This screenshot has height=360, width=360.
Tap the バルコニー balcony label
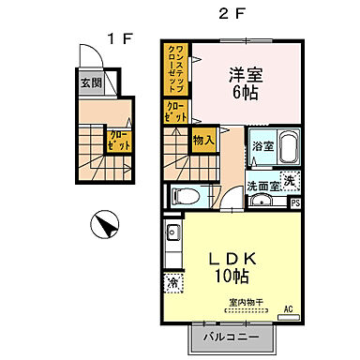click(x=234, y=335)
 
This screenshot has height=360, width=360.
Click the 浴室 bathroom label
click(x=262, y=147)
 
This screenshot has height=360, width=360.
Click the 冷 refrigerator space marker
click(x=172, y=281)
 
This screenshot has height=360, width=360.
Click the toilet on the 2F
click(x=188, y=197)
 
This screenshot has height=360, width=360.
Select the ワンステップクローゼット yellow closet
click(x=174, y=68)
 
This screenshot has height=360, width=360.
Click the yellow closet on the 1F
click(x=119, y=143)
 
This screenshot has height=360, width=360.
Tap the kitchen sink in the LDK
click(x=172, y=232)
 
